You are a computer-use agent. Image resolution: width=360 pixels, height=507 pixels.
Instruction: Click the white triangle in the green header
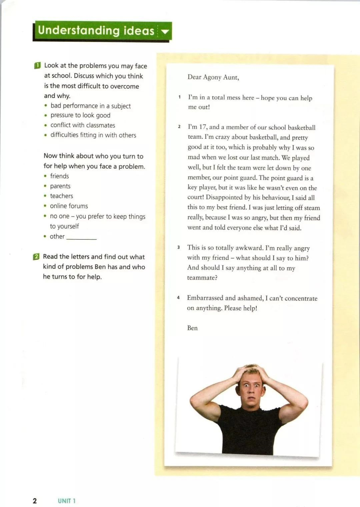(165, 32)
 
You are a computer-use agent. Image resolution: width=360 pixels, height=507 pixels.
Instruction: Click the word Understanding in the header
(79, 30)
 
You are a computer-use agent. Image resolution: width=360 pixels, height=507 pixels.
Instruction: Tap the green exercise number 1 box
(37, 65)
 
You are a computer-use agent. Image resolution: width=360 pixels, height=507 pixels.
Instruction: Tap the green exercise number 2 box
(36, 257)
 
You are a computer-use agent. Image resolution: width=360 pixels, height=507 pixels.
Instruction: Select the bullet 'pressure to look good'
(80, 115)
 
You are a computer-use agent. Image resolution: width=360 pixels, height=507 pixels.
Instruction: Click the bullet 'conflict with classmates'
(83, 125)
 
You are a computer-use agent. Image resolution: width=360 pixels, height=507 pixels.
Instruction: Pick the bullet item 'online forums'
(69, 206)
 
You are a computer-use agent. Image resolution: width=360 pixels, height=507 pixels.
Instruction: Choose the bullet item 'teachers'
(61, 196)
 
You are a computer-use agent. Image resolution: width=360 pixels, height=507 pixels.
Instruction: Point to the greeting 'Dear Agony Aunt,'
(213, 77)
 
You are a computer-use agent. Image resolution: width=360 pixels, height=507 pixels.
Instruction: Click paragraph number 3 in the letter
(179, 247)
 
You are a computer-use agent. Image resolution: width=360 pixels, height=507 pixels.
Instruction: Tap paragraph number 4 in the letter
(178, 298)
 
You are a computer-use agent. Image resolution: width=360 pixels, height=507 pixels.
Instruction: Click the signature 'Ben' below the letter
(192, 328)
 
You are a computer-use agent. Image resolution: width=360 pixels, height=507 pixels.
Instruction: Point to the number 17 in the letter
(203, 127)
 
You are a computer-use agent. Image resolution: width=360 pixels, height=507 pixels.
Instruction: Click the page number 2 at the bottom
(35, 501)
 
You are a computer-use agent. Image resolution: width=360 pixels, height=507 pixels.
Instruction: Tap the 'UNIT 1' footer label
(67, 501)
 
